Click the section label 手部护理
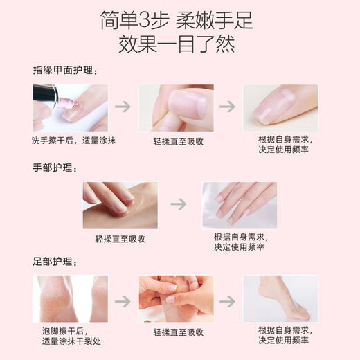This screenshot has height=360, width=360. click(x=54, y=168)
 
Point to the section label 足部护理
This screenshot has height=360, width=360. click(x=54, y=262)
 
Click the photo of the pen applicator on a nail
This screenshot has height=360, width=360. click(x=70, y=108)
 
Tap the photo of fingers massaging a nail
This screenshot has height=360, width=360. click(x=176, y=108)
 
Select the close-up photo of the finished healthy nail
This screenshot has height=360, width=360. click(x=280, y=108)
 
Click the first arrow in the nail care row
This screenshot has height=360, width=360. click(x=123, y=107)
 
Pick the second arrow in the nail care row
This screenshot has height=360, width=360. click(x=227, y=107)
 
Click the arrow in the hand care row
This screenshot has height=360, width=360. click(x=179, y=204)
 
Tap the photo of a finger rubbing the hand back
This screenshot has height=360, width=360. click(x=120, y=206)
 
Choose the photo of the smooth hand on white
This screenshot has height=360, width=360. click(x=239, y=206)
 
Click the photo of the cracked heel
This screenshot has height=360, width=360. click(x=70, y=299)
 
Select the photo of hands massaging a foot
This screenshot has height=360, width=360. click(x=176, y=299)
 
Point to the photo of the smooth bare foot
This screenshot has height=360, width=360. click(x=280, y=299)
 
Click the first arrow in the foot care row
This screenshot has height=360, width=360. click(x=123, y=301)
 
